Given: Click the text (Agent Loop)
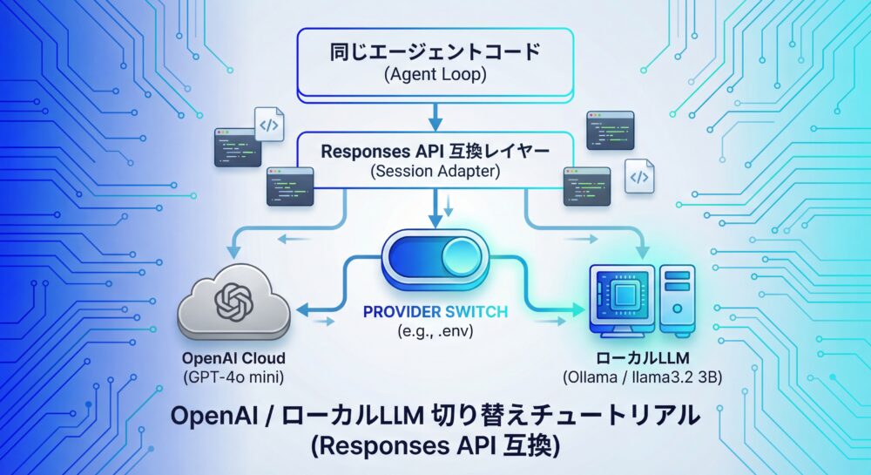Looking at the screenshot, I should click(435, 75).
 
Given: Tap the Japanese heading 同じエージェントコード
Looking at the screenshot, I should click(435, 51).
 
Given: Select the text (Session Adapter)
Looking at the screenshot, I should click(435, 172).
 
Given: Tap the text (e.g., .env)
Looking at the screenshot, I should click(435, 331).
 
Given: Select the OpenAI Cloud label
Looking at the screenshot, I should click(234, 358).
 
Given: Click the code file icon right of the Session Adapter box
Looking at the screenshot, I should click(638, 177).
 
